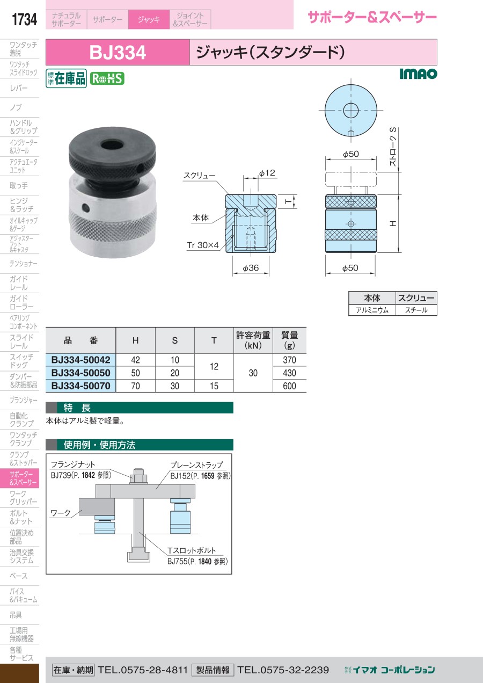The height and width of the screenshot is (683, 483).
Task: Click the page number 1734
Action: (x=24, y=19)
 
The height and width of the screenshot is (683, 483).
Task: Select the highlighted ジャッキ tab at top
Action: (x=149, y=19)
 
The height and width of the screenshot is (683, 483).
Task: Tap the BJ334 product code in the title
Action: (x=118, y=53)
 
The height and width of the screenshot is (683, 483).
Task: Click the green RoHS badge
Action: (x=107, y=79)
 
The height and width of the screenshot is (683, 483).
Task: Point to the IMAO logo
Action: (x=418, y=74)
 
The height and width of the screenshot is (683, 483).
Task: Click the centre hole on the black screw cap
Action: (x=111, y=145)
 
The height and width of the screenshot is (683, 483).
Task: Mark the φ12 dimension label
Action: (x=267, y=173)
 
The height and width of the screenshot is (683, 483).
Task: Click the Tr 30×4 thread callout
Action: (x=203, y=245)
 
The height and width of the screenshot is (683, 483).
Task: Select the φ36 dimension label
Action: (x=251, y=268)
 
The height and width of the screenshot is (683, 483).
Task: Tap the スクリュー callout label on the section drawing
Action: (x=199, y=176)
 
